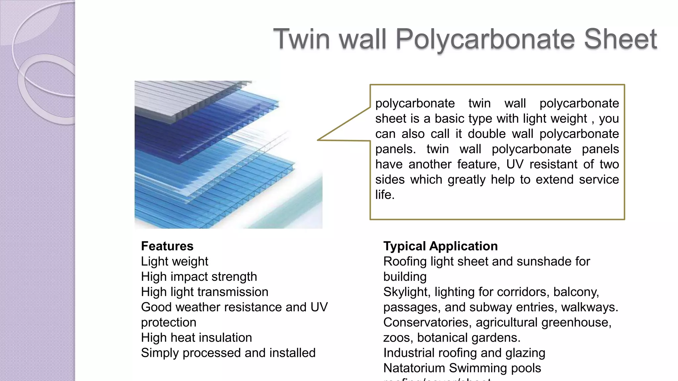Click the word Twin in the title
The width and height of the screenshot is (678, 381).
(x=302, y=39)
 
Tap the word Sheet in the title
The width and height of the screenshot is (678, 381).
(x=620, y=39)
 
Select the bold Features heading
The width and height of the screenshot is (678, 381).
(x=167, y=246)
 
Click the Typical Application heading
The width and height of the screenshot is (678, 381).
(x=440, y=246)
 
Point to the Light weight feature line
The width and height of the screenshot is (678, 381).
(x=174, y=261)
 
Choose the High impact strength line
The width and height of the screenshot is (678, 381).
(x=199, y=276)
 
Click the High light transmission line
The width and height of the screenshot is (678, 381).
(x=205, y=292)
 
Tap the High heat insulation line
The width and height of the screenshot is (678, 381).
(x=196, y=337)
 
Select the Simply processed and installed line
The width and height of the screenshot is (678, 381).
(x=228, y=353)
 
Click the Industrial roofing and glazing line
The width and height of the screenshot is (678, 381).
(x=464, y=353)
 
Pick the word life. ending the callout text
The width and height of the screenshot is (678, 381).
(x=385, y=194)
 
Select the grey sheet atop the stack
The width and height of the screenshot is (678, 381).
(x=185, y=96)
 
